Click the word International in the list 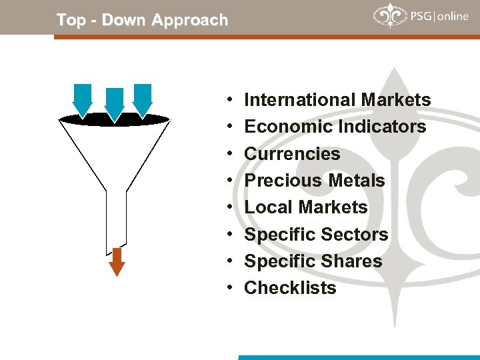pyautogui.click(x=300, y=100)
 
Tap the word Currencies pyautogui.click(x=292, y=154)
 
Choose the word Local pyautogui.click(x=265, y=207)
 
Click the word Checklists pyautogui.click(x=290, y=288)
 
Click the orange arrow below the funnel pyautogui.click(x=117, y=261)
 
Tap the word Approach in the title pyautogui.click(x=189, y=20)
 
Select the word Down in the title pyautogui.click(x=123, y=20)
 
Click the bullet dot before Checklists pyautogui.click(x=229, y=288)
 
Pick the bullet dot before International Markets pyautogui.click(x=229, y=100)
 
